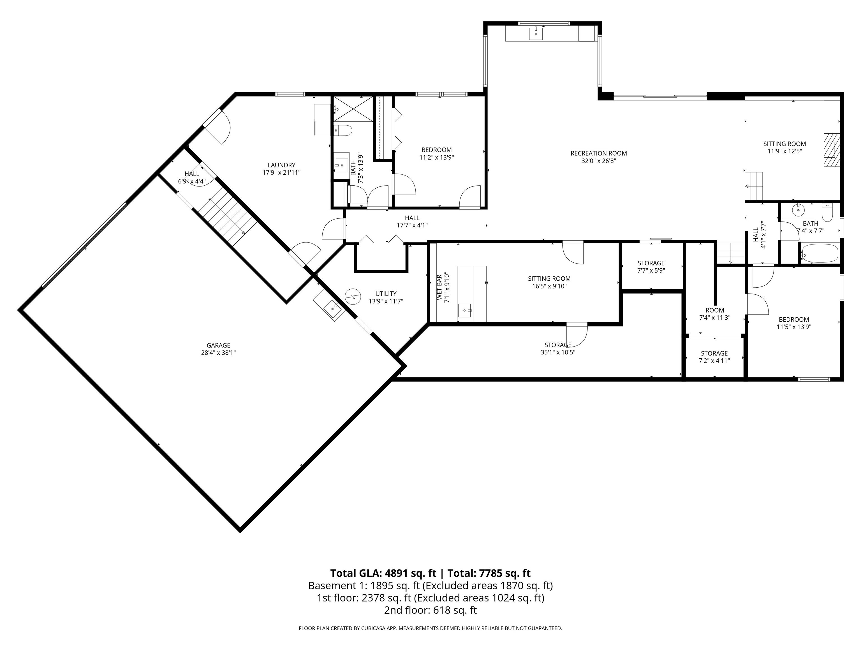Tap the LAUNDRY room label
click(x=281, y=165)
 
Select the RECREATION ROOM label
click(x=598, y=153)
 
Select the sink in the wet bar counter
click(x=465, y=310)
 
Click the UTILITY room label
click(x=386, y=294)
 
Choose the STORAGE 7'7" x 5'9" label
click(x=651, y=263)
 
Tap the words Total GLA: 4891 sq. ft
click(x=384, y=573)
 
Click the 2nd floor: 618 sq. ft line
click(x=430, y=610)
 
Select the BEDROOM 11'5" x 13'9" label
click(x=794, y=320)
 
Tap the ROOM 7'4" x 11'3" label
click(x=715, y=310)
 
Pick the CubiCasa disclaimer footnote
click(x=430, y=628)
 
